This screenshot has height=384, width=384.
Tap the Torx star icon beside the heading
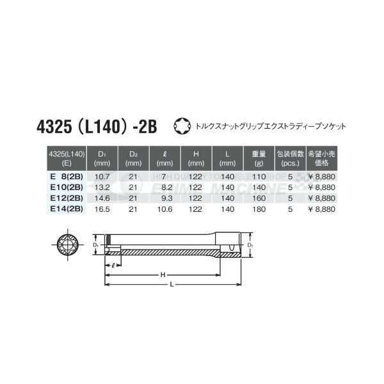(182, 125)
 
